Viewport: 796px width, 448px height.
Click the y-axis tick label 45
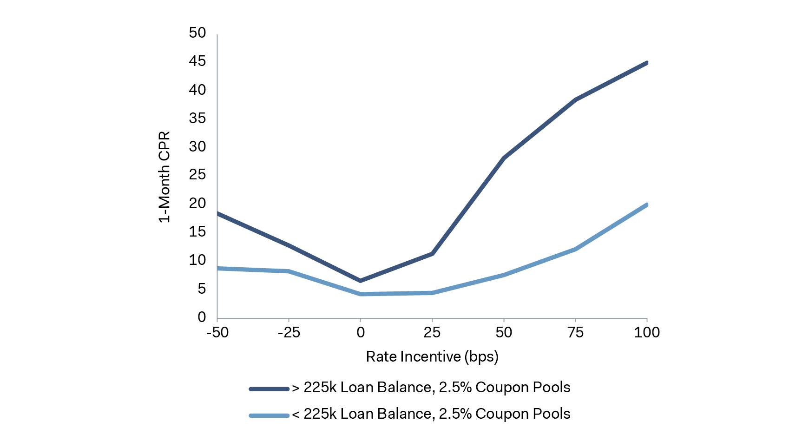point(197,61)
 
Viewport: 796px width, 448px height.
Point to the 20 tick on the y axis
point(197,204)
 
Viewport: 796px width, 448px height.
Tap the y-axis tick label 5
point(201,289)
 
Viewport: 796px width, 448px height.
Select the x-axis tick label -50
point(217,333)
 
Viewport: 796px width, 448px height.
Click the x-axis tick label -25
point(289,333)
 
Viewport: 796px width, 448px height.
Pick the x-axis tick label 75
point(575,333)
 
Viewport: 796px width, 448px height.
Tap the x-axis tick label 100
point(646,333)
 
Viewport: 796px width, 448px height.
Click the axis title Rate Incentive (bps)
point(432,357)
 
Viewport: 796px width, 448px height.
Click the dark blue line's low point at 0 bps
point(361,281)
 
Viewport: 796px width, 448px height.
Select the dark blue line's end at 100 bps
point(646,63)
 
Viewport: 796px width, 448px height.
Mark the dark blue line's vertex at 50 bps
point(504,158)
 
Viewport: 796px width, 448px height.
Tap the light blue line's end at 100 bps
point(646,205)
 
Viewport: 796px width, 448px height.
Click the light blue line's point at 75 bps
point(575,250)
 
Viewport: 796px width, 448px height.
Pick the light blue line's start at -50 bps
point(218,268)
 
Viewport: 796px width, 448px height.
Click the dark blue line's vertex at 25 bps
point(432,254)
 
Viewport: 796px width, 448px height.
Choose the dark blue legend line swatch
point(269,389)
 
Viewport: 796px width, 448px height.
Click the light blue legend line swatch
point(269,415)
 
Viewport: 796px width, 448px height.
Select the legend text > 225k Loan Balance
point(431,388)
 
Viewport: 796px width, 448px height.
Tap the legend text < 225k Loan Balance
point(431,414)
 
